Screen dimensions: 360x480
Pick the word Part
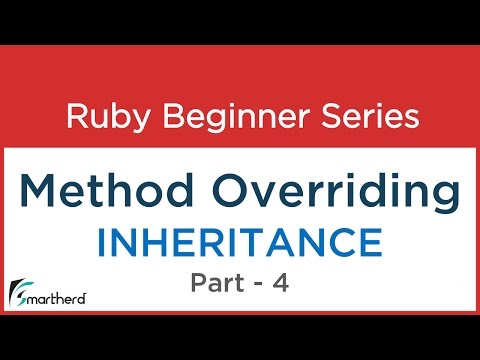click(x=216, y=283)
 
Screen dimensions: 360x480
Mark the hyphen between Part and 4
click(x=259, y=284)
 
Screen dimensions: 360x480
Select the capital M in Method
click(x=43, y=193)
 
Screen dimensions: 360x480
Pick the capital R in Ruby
click(x=75, y=117)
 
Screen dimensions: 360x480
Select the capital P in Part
click(x=198, y=283)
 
